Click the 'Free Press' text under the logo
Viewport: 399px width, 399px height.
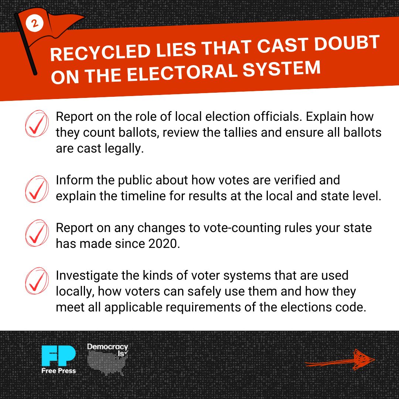pos(58,371)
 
